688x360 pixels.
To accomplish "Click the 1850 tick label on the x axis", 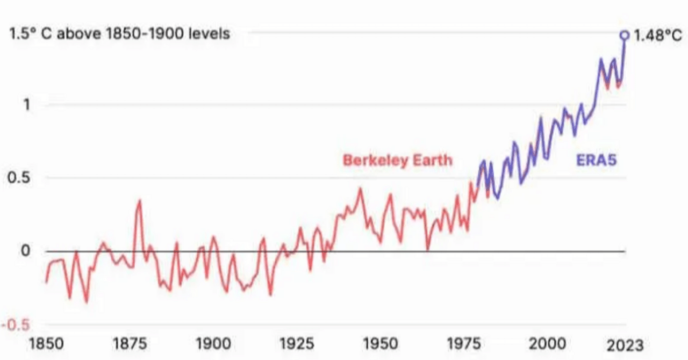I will coord(46,344).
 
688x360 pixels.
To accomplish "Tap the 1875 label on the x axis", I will coord(129,344).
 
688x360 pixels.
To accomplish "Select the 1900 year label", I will coord(212,344).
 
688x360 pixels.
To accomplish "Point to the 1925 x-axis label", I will coord(296,344).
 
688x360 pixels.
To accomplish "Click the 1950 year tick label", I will coord(379,344).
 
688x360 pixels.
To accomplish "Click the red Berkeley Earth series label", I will coord(398,160).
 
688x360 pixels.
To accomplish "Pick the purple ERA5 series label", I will coord(596,160).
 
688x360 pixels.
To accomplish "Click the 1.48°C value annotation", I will coord(657,35).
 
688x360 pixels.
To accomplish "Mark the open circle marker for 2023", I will coord(624,35).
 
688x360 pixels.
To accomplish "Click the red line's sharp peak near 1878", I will coord(140,201).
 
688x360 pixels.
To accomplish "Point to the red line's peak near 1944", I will coord(360,188).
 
